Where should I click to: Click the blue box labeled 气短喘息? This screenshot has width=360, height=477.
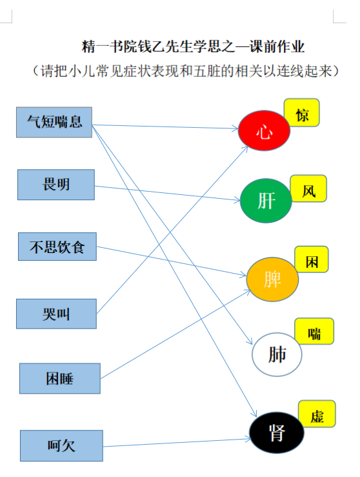point(54,122)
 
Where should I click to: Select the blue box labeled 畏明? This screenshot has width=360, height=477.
point(56,185)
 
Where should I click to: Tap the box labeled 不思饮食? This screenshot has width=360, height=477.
point(57,247)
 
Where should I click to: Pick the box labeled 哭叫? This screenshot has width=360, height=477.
point(56,314)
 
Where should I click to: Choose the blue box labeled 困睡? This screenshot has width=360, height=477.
point(60,378)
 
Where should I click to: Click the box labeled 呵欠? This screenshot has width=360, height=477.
point(61,445)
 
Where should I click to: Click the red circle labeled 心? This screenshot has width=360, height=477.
point(264,130)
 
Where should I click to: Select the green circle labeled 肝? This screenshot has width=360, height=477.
point(266,201)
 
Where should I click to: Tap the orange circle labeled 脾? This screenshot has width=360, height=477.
point(272,279)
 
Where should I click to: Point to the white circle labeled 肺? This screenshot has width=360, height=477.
point(277,354)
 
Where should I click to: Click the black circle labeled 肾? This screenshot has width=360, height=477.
point(277,432)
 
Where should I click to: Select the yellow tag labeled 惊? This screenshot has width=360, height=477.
point(302,112)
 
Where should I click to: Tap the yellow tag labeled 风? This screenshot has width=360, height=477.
point(308,188)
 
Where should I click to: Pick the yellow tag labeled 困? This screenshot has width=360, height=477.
point(312,259)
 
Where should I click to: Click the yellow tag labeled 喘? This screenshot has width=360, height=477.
point(314,331)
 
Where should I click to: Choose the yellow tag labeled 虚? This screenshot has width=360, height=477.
point(317,414)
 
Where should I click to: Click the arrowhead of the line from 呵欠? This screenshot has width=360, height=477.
point(249,439)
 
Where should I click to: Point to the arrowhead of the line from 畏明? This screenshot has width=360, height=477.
point(237,200)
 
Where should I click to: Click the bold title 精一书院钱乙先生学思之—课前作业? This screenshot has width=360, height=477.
point(194,46)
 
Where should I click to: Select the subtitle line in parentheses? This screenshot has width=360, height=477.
point(186,71)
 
